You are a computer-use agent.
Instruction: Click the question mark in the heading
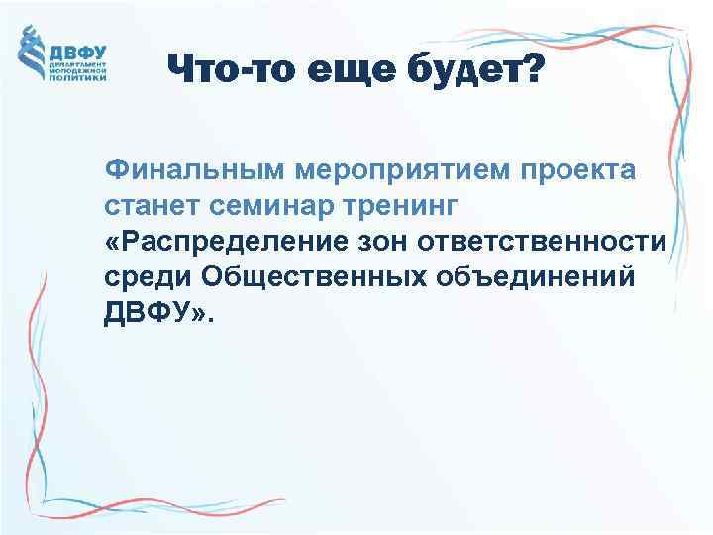532,70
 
